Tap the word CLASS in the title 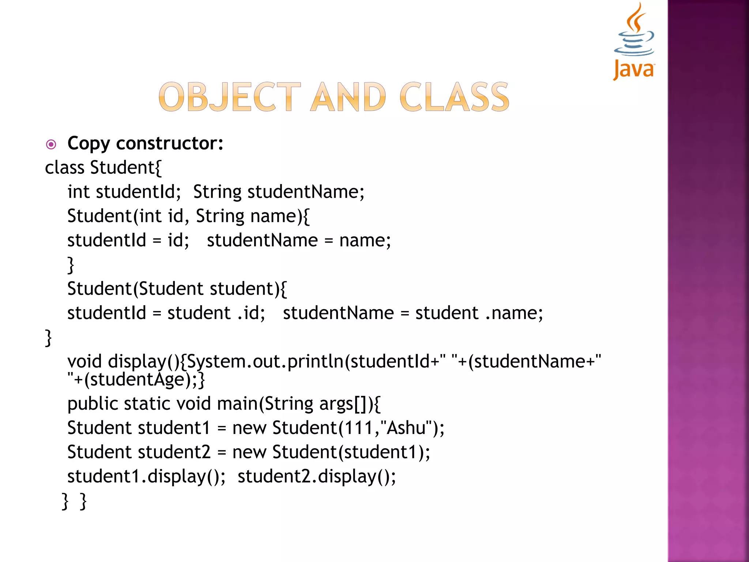(454, 97)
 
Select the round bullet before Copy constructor (51, 145)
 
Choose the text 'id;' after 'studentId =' (178, 240)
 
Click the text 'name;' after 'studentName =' (365, 240)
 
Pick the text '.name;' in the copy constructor (514, 313)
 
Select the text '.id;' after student (251, 313)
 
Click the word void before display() (84, 361)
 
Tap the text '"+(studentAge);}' (136, 379)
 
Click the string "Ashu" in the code (406, 428)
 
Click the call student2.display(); (316, 476)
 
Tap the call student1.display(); (146, 476)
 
